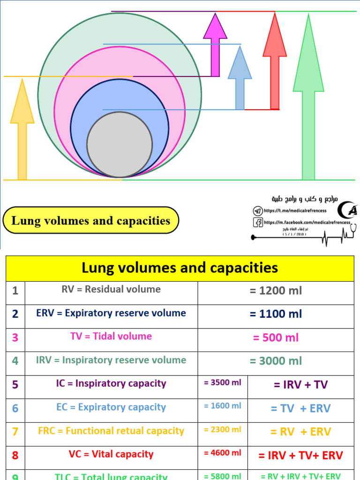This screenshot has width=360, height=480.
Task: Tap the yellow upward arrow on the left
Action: [22, 136]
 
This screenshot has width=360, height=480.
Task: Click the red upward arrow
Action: [275, 66]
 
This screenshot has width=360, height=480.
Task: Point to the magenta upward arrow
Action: [215, 47]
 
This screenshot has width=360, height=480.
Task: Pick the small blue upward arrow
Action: [240, 80]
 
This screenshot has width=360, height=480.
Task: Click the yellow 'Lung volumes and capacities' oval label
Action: [91, 221]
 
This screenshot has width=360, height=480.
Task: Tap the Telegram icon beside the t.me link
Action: [257, 211]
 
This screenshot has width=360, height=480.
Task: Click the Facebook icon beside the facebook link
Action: [258, 223]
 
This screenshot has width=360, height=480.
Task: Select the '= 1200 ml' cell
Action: [276, 291]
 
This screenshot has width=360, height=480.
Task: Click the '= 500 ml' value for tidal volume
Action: [276, 337]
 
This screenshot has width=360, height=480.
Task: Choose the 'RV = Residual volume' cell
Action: [111, 290]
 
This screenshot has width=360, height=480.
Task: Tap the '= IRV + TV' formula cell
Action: [300, 385]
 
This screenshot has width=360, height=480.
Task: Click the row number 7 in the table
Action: [15, 432]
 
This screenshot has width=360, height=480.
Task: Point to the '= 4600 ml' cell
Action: [223, 453]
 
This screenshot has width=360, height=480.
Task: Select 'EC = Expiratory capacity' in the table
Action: [111, 407]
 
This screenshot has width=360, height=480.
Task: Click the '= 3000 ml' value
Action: [276, 361]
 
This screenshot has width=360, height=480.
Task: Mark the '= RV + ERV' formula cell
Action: [300, 432]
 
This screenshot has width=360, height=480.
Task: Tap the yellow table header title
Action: [180, 268]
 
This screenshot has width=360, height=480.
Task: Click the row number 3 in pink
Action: [15, 337]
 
